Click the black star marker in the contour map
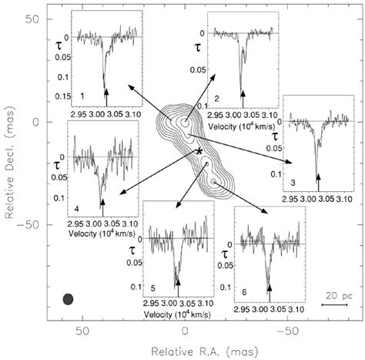199,152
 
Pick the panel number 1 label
82,94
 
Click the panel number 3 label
293,182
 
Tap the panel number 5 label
153,288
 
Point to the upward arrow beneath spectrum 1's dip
105,93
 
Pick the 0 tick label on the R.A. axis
186,330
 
